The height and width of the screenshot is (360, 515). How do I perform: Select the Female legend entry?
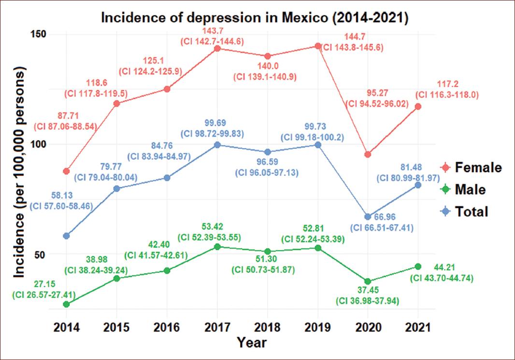pyautogui.click(x=472, y=168)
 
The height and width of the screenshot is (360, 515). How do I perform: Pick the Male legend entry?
pyautogui.click(x=463, y=189)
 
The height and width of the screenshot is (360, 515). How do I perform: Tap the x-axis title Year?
pyautogui.click(x=251, y=343)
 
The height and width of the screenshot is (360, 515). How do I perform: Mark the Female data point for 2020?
pyautogui.click(x=368, y=154)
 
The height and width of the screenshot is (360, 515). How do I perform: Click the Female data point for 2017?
pyautogui.click(x=217, y=48)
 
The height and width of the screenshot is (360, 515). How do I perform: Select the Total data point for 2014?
pyautogui.click(x=66, y=236)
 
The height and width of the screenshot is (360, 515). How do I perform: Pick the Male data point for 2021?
pyautogui.click(x=418, y=266)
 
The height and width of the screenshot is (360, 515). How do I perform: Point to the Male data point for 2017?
pyautogui.click(x=217, y=246)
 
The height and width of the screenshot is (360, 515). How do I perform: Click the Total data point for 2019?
pyautogui.click(x=317, y=144)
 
